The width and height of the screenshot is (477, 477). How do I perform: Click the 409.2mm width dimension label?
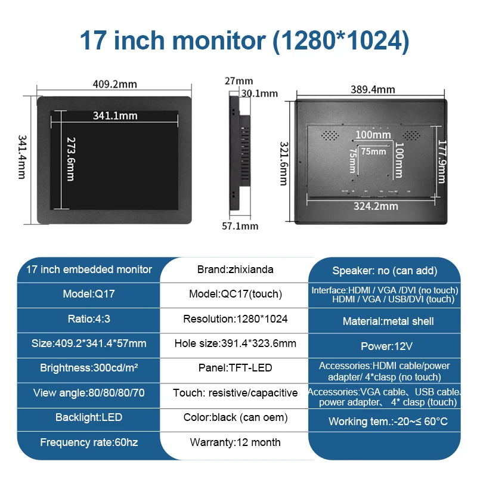(x=114, y=84)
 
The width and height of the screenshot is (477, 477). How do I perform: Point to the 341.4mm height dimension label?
(x=22, y=157)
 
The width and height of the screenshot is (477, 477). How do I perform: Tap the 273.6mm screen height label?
(x=71, y=159)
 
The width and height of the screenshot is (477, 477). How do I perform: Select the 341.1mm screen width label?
(x=115, y=116)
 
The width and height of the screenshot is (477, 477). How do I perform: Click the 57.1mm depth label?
(x=240, y=226)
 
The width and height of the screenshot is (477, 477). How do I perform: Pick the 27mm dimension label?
(x=239, y=81)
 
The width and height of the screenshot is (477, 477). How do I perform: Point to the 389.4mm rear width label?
(x=373, y=89)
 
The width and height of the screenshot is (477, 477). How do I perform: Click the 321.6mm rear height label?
(x=284, y=163)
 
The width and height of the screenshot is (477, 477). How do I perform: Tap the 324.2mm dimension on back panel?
(x=376, y=206)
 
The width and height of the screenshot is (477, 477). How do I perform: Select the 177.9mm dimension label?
(x=442, y=162)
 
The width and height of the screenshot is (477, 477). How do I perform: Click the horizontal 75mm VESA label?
(x=373, y=151)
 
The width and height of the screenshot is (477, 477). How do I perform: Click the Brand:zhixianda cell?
(x=235, y=270)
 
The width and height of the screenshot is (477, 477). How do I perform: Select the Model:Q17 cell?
(x=89, y=294)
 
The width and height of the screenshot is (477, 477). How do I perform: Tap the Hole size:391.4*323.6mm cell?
(x=235, y=343)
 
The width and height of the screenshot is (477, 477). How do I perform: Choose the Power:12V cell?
(x=386, y=346)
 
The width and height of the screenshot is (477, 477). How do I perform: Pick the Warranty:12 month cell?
(x=235, y=442)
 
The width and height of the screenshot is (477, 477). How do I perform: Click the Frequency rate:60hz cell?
(x=89, y=442)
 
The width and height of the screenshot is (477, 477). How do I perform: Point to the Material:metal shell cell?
(x=388, y=321)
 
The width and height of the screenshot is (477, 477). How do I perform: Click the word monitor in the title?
(x=219, y=41)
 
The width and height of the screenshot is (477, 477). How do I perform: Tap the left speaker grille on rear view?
(x=330, y=135)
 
